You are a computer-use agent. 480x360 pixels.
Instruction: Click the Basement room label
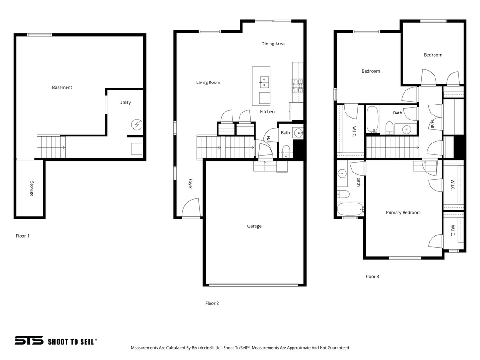[62, 87]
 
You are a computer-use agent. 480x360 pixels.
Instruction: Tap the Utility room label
[125, 102]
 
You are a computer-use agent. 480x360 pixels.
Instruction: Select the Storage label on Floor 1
[32, 188]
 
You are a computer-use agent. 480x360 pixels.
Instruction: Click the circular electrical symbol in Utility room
[136, 124]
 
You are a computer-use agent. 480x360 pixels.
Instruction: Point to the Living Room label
[208, 82]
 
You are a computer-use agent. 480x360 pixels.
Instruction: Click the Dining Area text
[273, 44]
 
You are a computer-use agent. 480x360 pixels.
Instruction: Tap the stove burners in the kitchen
[298, 85]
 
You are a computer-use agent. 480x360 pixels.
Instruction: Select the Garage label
[254, 226]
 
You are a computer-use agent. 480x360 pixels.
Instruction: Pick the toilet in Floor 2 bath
[286, 151]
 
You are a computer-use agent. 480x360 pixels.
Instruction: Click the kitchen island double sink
[263, 82]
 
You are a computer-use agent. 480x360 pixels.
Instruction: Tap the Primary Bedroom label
[403, 212]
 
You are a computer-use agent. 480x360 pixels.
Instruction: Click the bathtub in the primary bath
[350, 209]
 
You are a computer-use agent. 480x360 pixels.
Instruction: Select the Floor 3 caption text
[372, 276]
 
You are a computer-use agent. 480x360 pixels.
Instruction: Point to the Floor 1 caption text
[22, 236]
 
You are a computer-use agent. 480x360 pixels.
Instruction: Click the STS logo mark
[29, 340]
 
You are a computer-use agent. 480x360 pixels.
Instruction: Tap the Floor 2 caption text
[212, 303]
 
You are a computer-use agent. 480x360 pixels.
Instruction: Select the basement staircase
[49, 147]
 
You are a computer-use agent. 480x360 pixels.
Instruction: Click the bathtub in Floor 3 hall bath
[372, 119]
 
